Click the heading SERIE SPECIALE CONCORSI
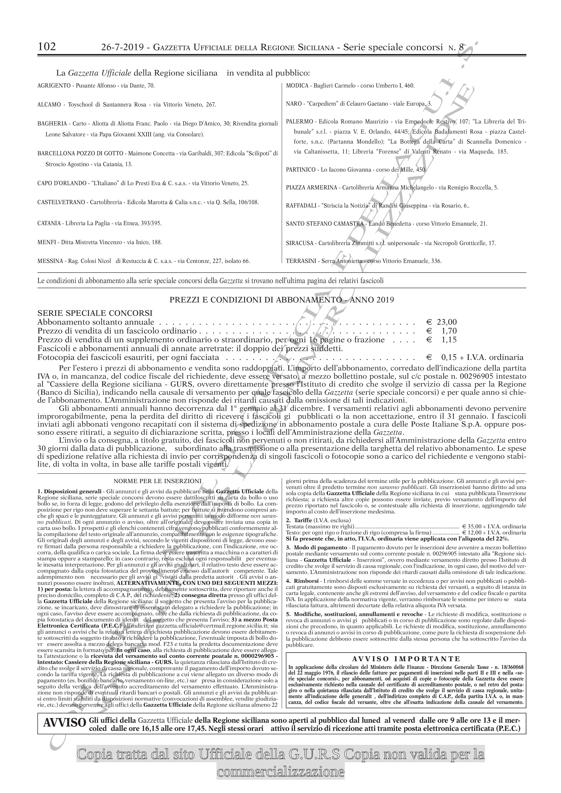click(x=95, y=313)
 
